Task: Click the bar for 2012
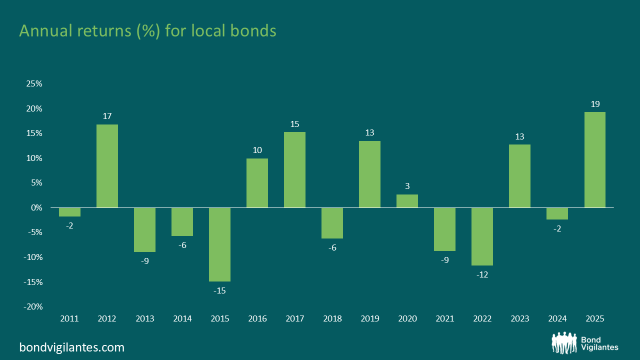[107, 166]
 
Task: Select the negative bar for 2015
[219, 244]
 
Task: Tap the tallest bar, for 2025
[594, 159]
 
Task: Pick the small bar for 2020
[407, 201]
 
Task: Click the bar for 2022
[482, 236]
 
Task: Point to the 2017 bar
[294, 169]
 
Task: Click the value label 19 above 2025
[594, 103]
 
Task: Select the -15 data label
[219, 290]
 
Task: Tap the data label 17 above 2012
[107, 116]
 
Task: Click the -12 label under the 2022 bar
[482, 274]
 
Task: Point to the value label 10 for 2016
[257, 150]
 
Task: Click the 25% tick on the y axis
[34, 83]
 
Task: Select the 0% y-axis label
[36, 207]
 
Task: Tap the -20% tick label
[33, 306]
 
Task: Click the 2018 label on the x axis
[332, 318]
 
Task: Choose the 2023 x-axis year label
[519, 318]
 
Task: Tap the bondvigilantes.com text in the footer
[71, 347]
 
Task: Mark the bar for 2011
[69, 212]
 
